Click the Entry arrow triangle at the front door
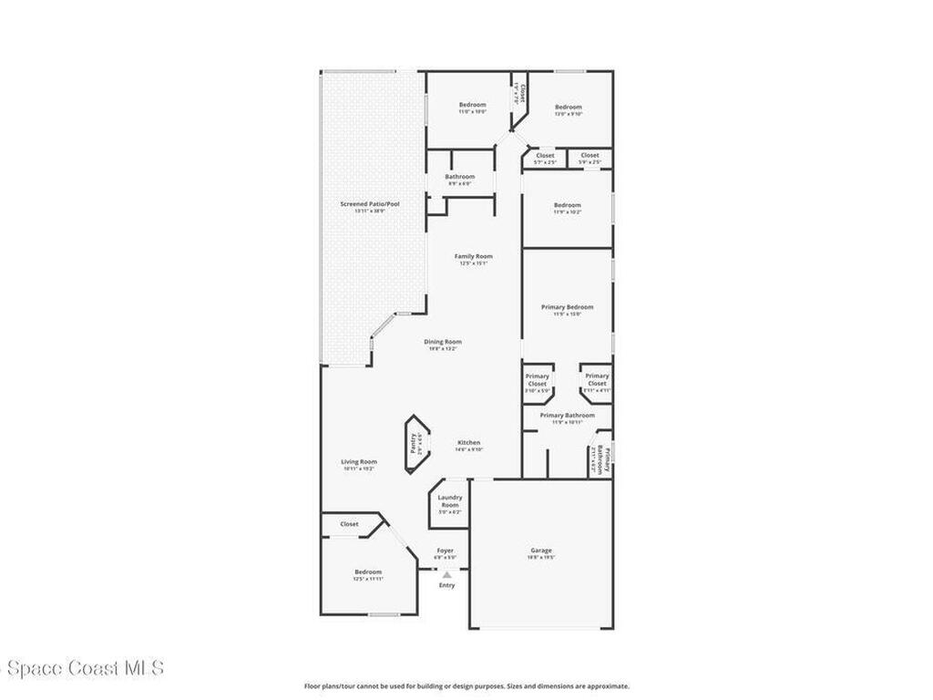446,574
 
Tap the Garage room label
541,551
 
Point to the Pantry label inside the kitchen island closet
413,444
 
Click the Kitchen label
468,443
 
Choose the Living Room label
358,462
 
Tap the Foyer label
445,551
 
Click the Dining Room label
443,342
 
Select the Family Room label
473,256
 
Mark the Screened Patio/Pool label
369,204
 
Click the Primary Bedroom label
567,307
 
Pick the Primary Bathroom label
567,416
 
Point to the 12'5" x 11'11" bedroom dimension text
368,579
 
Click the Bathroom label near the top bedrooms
459,177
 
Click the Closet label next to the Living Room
349,524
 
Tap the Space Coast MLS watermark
83,668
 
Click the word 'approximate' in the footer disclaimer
605,686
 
